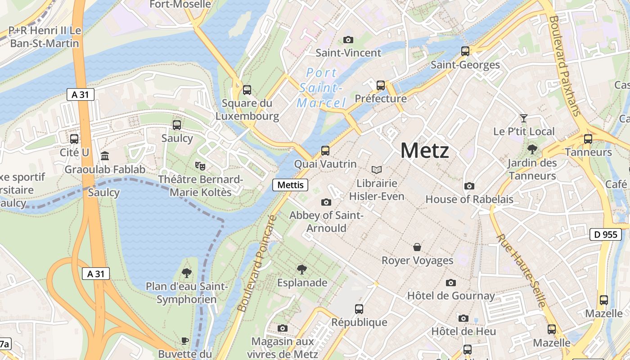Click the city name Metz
424,150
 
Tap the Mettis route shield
290,184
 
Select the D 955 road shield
605,234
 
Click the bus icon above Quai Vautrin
325,151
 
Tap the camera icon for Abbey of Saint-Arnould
326,202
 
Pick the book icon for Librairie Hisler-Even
377,170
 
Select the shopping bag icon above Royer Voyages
417,247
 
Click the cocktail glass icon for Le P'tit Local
524,118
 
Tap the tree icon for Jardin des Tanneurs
532,149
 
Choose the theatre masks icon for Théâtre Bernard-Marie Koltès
200,166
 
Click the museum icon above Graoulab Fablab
105,156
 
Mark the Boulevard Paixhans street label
564,65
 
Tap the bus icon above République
359,309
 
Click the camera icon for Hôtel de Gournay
450,283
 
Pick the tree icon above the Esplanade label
302,270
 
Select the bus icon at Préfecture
381,85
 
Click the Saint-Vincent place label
348,53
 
